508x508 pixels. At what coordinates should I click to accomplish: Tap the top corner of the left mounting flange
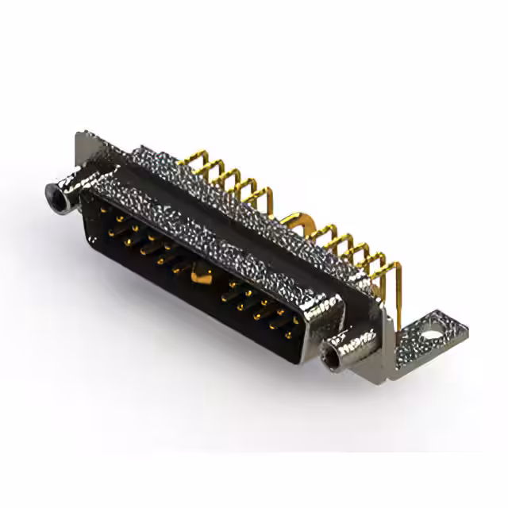click(83, 137)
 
